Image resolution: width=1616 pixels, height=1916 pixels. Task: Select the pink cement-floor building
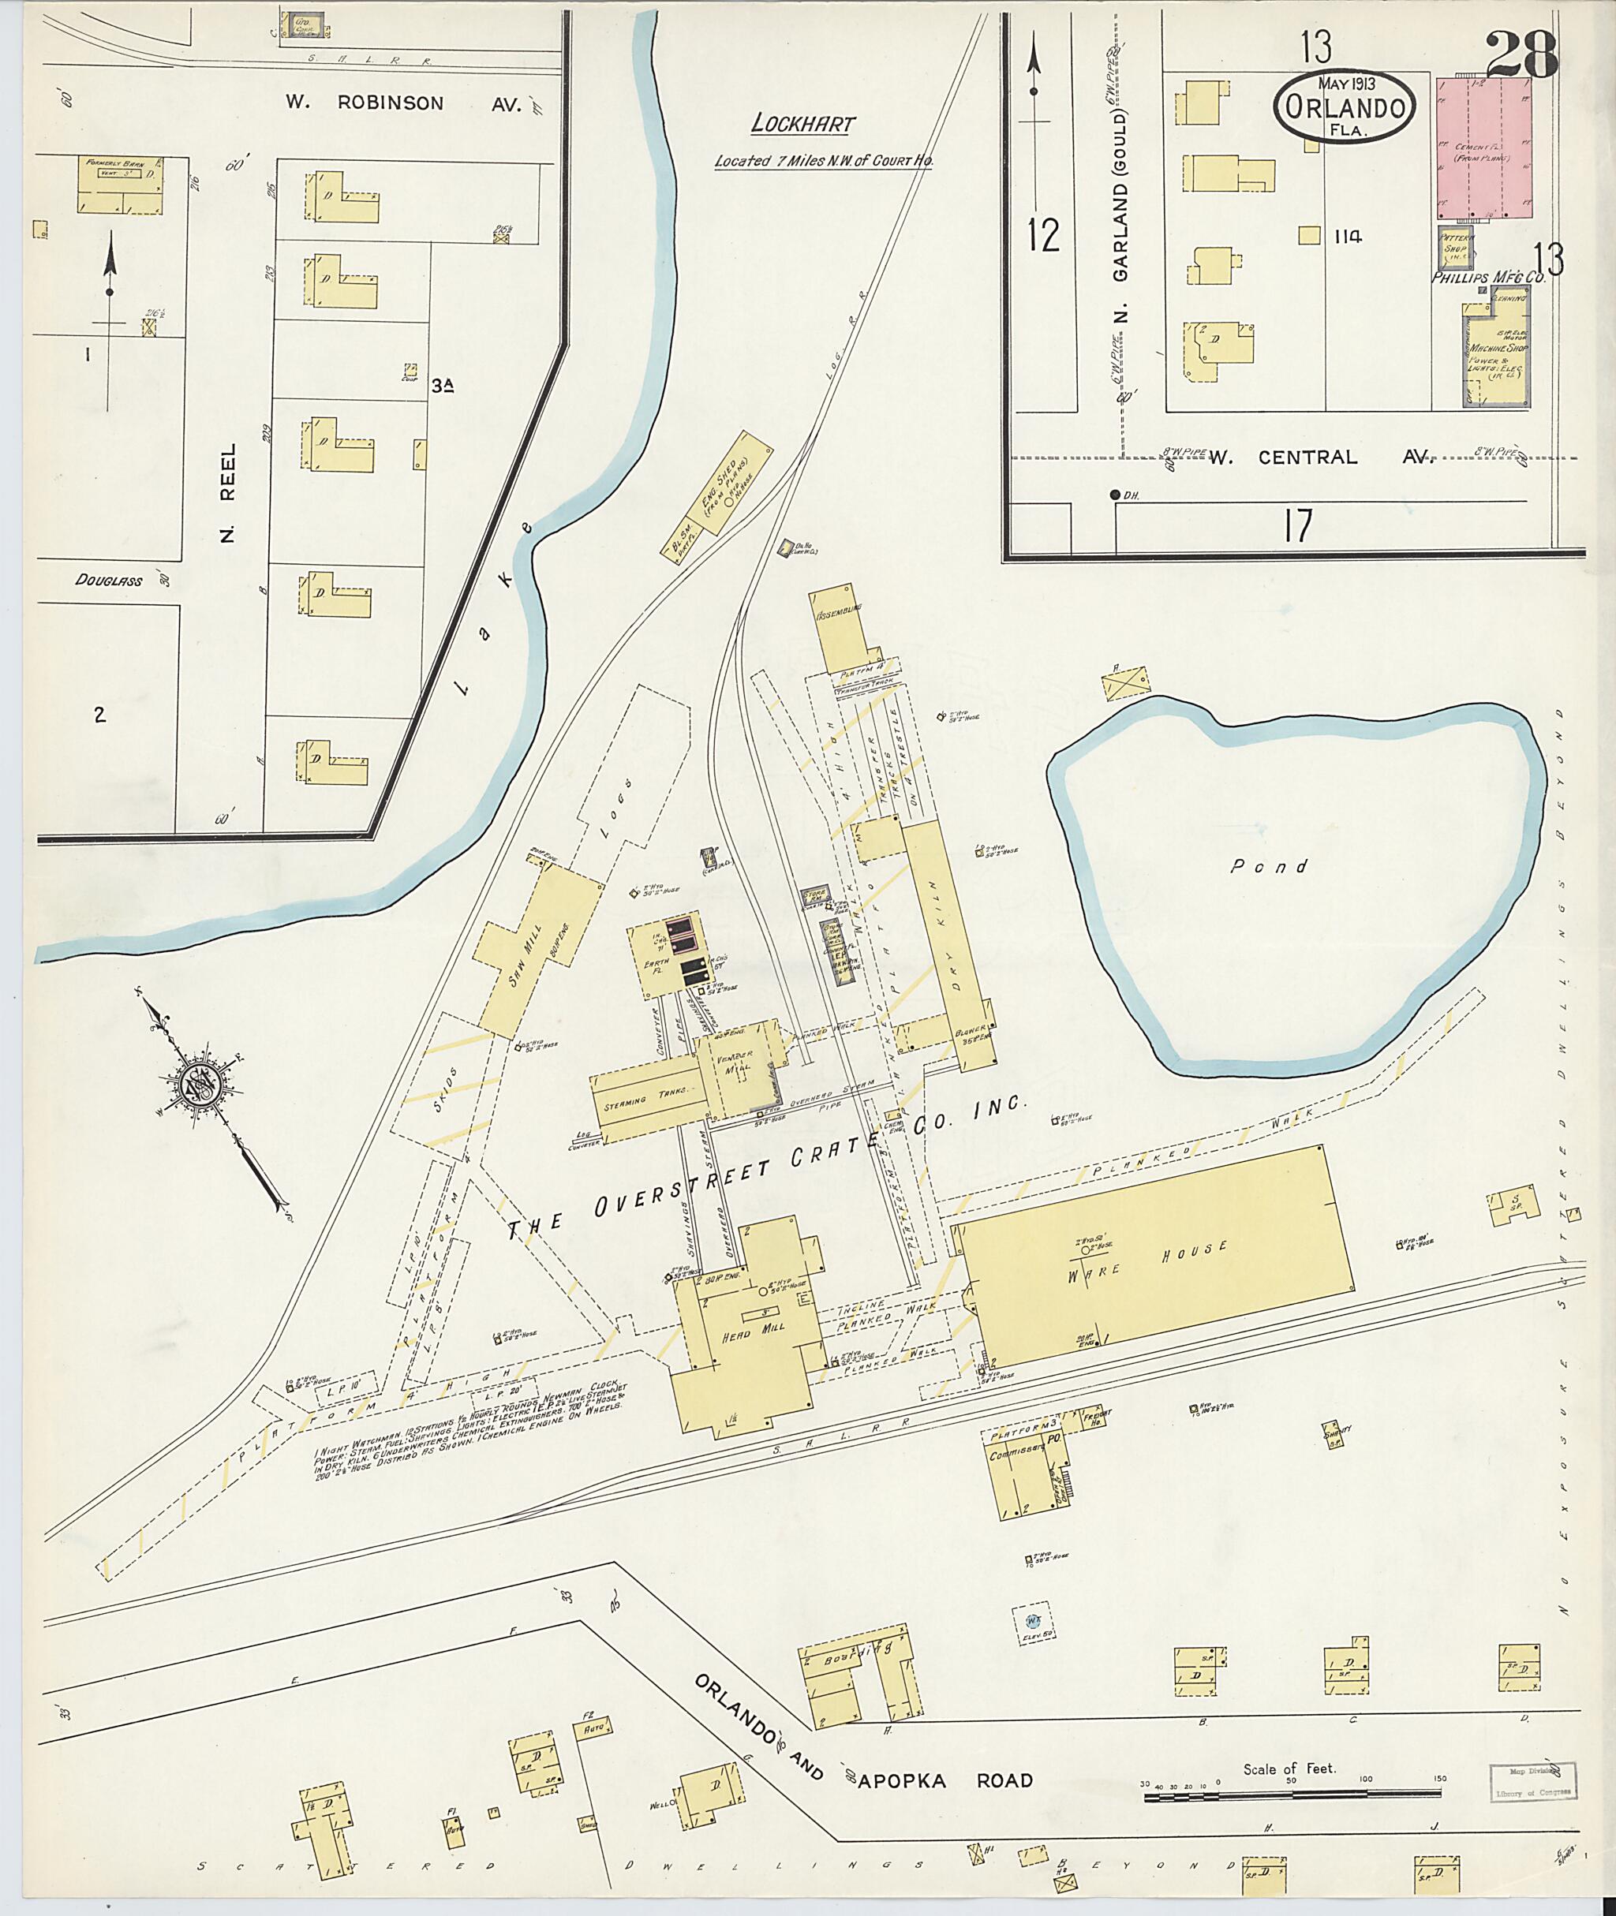[x=1485, y=148]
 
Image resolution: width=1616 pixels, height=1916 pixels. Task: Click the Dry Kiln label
[x=945, y=936]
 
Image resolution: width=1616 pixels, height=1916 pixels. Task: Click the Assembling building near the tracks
[x=842, y=631]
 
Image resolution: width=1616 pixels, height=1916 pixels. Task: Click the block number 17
[x=1297, y=525]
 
